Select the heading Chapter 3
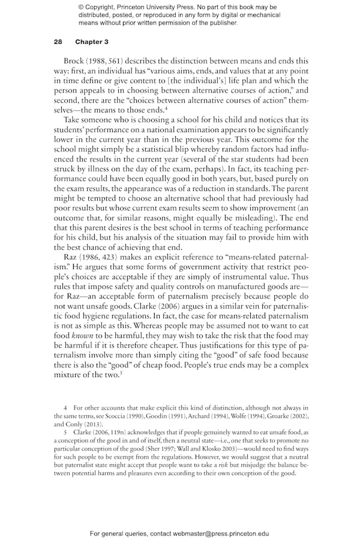click(92, 42)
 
